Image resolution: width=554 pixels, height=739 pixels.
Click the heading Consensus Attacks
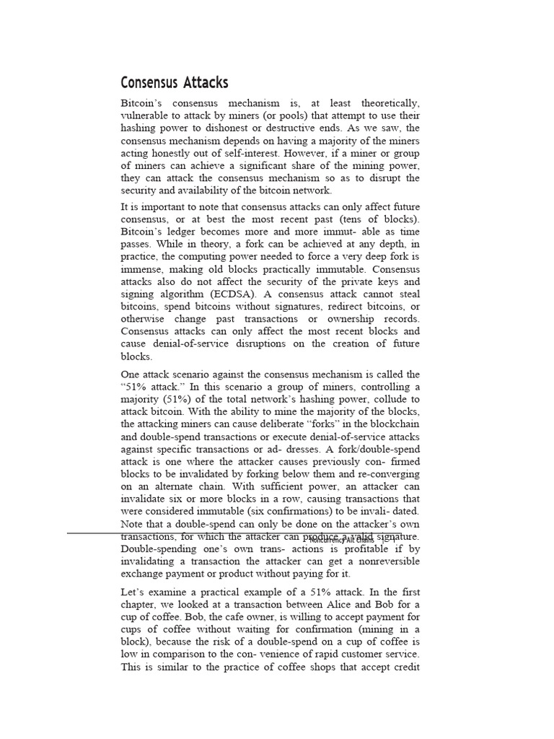174,82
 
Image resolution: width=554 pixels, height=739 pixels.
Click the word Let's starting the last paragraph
135,592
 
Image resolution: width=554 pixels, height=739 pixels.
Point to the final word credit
405,668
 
